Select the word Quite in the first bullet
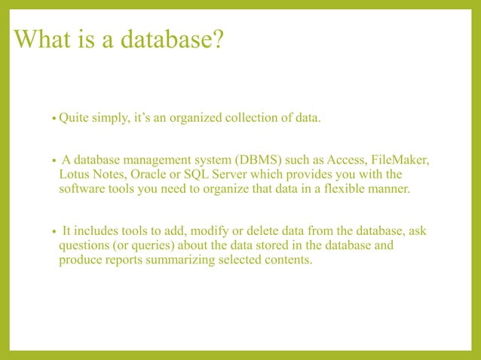[x=75, y=118]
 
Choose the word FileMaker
[x=403, y=160]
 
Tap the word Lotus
[x=75, y=175]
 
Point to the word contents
[x=290, y=260]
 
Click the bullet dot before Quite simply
[x=54, y=120]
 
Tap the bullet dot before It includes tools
[x=54, y=233]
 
